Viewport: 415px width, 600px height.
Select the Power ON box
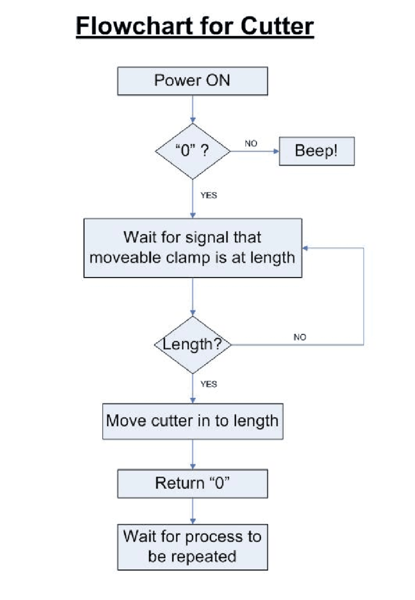point(192,81)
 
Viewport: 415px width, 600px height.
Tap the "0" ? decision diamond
point(193,151)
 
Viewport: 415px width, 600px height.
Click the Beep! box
point(316,151)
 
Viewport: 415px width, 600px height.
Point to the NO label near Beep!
point(251,143)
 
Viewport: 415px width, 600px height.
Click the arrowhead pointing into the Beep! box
point(276,151)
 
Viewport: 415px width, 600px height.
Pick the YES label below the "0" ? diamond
point(208,195)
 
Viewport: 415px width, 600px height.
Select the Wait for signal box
point(193,248)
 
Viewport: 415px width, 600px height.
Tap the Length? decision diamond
point(193,345)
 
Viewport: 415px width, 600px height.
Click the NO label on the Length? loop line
point(300,337)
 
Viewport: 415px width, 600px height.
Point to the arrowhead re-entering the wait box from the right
point(305,248)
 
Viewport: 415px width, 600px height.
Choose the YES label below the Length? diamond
point(208,384)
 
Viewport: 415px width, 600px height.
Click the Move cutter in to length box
point(193,421)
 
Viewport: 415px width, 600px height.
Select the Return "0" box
point(192,483)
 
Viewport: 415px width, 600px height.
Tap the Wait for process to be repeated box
point(192,547)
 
